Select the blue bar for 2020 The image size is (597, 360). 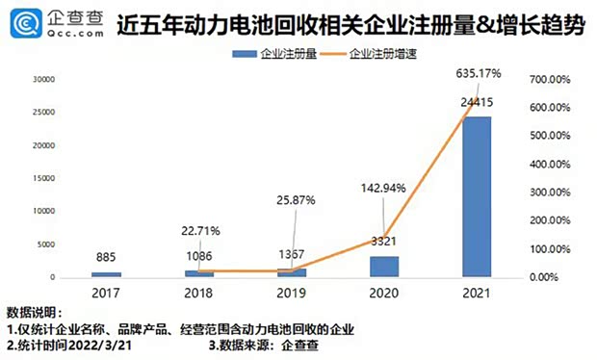(x=384, y=266)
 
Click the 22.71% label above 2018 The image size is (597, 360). (x=201, y=230)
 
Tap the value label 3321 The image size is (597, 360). (x=384, y=241)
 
